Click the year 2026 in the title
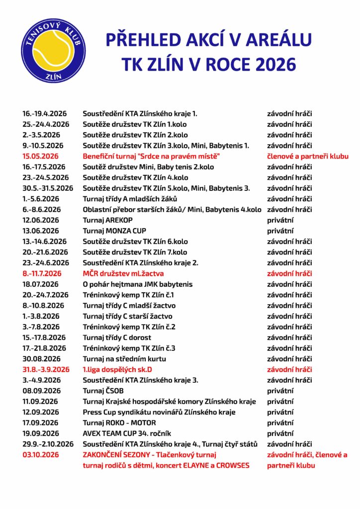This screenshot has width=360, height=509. click(272, 64)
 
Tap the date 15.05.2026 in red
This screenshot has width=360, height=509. click(41, 156)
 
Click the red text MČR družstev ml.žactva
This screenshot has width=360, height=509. click(123, 273)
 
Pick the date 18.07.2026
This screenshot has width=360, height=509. click(41, 284)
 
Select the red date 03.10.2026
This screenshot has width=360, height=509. click(41, 455)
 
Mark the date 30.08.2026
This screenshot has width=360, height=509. click(41, 359)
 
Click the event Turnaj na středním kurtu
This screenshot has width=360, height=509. click(124, 359)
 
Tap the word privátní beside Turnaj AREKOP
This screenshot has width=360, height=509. click(280, 220)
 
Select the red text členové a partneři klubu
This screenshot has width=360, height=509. click(307, 156)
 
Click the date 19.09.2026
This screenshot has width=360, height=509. click(41, 433)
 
